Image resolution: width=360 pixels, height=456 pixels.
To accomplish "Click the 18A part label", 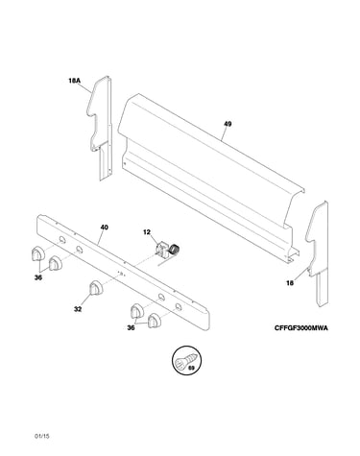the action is (74, 81).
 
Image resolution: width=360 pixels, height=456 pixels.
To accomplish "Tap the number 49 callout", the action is (228, 124).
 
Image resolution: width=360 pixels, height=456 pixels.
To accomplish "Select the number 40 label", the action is (104, 228).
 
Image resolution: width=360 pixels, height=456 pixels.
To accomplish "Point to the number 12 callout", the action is (147, 232).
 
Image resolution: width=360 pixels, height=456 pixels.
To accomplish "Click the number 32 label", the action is (78, 309).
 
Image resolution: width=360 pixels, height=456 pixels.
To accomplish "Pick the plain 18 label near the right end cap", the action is (290, 283).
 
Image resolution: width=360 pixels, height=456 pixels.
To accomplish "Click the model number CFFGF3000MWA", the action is (301, 328).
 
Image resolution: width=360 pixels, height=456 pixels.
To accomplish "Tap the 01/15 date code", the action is (42, 436).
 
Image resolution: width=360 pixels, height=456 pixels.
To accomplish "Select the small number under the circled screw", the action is (191, 368).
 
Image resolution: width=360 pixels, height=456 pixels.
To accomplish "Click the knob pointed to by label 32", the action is (96, 287).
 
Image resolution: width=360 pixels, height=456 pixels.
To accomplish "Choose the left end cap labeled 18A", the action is (100, 128).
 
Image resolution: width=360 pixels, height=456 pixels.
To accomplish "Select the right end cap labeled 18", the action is (319, 252).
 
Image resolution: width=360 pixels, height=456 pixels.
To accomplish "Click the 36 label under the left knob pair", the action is (38, 277).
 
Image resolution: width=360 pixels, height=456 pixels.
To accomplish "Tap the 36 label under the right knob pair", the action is (131, 327).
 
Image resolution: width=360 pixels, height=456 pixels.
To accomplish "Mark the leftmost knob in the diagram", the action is (37, 253).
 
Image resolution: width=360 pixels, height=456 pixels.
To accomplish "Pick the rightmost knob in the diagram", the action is (155, 321).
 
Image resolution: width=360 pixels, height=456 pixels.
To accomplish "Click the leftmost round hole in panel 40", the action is (62, 240).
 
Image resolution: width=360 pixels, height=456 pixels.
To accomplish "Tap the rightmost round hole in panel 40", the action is (178, 306).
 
